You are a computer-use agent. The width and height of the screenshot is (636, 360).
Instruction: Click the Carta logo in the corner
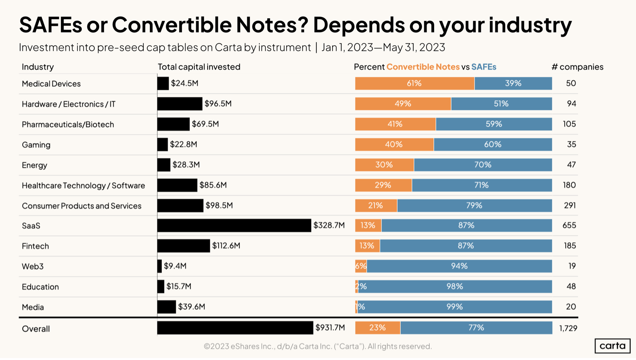(x=612, y=346)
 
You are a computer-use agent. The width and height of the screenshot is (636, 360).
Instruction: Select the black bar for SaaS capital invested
(x=234, y=226)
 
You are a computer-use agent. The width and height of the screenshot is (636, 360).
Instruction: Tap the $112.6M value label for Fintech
(x=226, y=246)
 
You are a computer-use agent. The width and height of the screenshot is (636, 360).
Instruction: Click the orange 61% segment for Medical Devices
(x=415, y=84)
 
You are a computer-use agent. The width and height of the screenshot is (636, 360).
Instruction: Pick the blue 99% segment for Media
(x=455, y=307)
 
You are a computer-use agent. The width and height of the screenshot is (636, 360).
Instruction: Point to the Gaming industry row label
(x=36, y=145)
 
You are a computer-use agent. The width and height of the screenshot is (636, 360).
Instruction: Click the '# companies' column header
(x=577, y=67)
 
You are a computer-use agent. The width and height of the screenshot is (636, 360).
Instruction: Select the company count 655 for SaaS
(x=569, y=226)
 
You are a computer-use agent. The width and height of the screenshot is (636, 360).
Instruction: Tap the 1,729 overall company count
(x=568, y=328)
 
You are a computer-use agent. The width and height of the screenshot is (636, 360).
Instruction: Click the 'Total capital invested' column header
(x=199, y=67)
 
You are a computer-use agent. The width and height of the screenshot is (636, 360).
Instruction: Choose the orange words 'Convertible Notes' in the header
(x=423, y=67)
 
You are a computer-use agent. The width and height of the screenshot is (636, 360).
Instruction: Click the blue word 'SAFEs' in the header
(x=483, y=67)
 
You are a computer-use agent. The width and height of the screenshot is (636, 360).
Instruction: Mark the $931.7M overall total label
(x=330, y=328)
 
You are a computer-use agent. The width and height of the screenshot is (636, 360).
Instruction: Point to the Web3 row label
(x=32, y=267)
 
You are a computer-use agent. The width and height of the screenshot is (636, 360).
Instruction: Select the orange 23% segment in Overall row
(x=378, y=328)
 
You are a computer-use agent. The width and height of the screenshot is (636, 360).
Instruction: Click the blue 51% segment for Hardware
(x=501, y=104)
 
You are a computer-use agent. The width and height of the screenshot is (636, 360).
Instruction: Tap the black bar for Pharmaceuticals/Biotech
(x=173, y=124)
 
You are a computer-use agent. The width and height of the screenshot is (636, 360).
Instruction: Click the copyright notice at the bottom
(x=318, y=346)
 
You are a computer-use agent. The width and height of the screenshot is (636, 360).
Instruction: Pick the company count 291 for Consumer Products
(x=569, y=205)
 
